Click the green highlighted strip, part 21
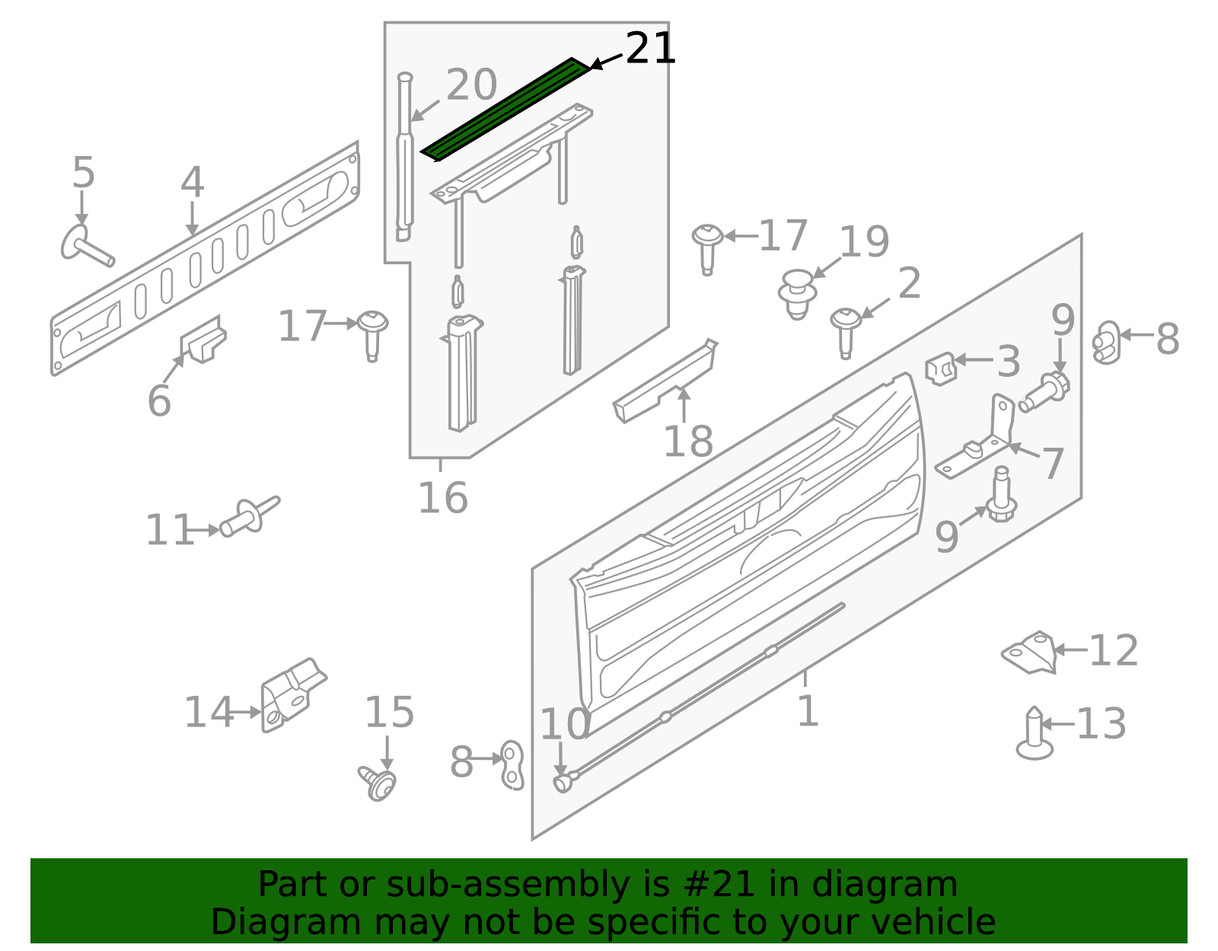(506, 108)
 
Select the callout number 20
(471, 85)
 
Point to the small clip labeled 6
(203, 340)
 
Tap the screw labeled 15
(378, 782)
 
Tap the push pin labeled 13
(1034, 734)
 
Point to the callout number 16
(442, 499)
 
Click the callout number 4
(192, 183)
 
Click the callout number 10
(564, 724)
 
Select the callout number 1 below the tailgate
(807, 711)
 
